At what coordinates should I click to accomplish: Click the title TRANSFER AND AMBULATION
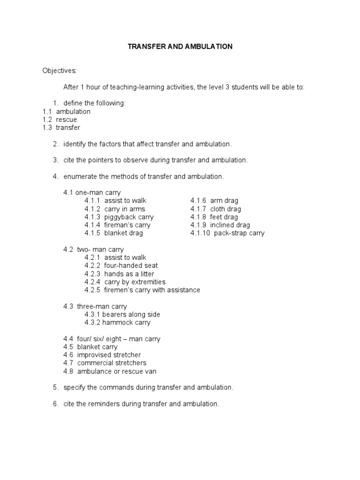[x=180, y=47]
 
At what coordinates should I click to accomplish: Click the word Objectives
[x=59, y=71]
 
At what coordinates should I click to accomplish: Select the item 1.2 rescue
[x=60, y=120]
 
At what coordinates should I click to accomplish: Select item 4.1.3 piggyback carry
[x=119, y=217]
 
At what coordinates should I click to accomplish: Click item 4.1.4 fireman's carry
[x=118, y=225]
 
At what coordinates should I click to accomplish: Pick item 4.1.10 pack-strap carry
[x=227, y=233]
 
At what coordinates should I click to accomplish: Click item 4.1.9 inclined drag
[x=220, y=225]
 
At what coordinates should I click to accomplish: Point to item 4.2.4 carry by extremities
[x=125, y=282]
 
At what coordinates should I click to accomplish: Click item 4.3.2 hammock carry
[x=117, y=322]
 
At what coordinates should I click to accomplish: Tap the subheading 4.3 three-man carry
[x=95, y=307]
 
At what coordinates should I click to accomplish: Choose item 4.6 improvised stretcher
[x=102, y=355]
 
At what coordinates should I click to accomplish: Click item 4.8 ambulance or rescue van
[x=110, y=371]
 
